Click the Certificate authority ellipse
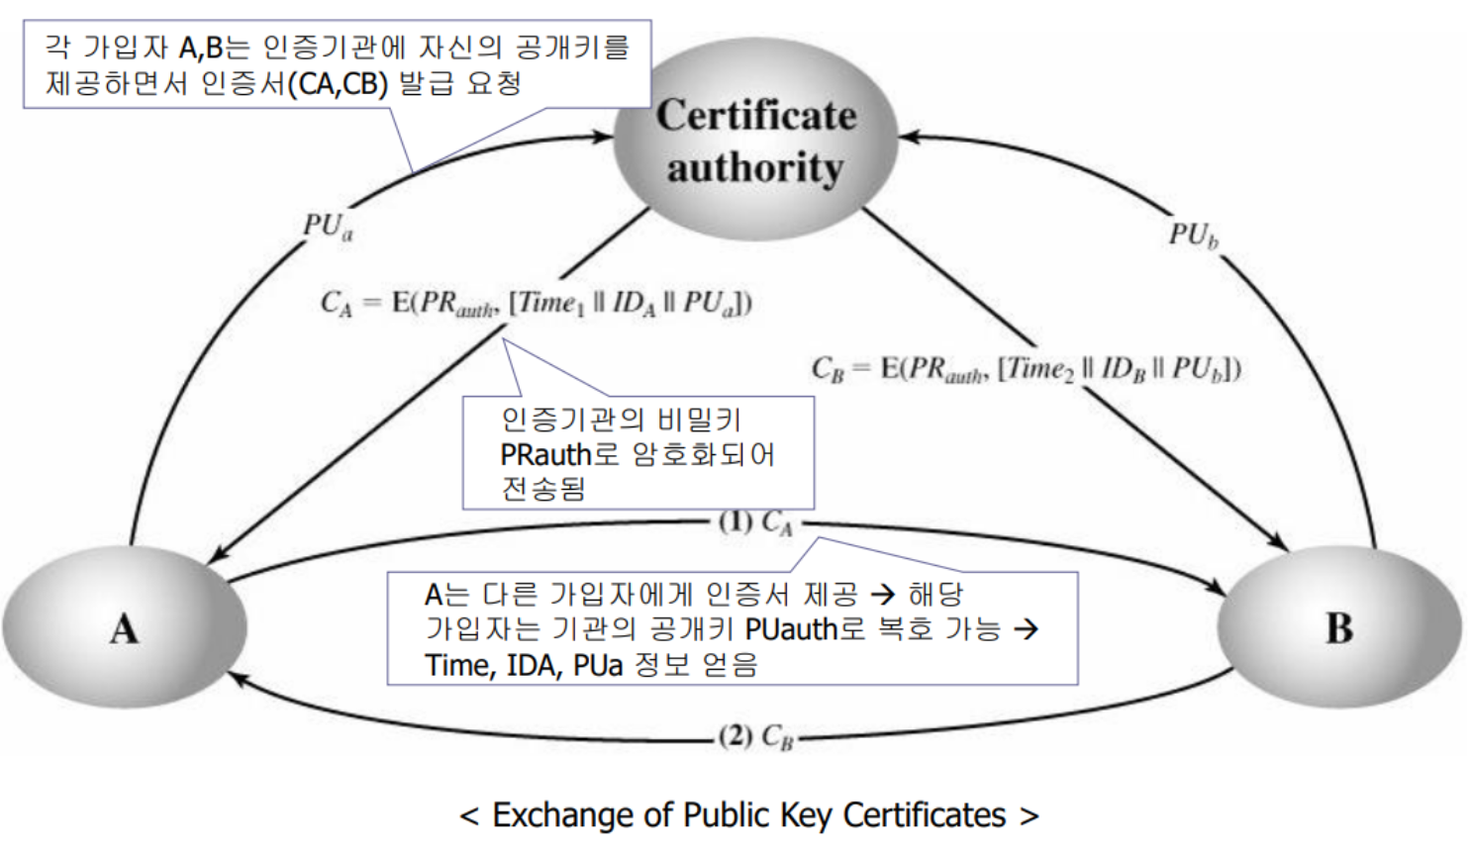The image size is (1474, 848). (755, 140)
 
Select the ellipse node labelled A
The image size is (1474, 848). (125, 627)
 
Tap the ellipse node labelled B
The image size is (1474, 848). (1339, 627)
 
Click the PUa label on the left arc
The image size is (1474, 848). (328, 227)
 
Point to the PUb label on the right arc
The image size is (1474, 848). (1194, 236)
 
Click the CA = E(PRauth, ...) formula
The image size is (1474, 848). (536, 303)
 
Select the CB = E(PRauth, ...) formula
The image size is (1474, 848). (1026, 368)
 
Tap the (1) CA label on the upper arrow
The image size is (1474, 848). (755, 523)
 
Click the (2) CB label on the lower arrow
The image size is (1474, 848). (756, 737)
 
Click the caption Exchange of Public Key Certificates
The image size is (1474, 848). (749, 815)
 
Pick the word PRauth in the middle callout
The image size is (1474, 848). (546, 454)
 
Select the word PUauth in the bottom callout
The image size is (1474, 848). (791, 629)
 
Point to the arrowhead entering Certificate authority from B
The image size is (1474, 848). (910, 137)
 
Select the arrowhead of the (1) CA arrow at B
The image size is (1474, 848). (1216, 588)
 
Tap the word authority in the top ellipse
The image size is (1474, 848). (755, 168)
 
